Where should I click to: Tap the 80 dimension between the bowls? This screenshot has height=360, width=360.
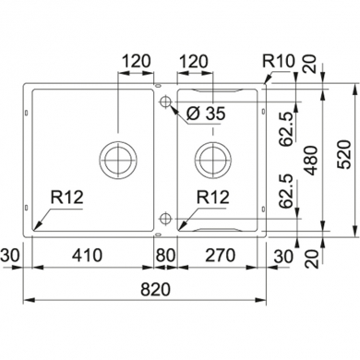point(166,255)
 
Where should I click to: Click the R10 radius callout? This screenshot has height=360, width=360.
point(278,66)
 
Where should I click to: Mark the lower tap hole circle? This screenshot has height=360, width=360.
point(164,218)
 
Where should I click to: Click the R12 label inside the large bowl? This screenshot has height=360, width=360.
point(63,197)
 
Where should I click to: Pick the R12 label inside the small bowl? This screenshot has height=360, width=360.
point(212,197)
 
